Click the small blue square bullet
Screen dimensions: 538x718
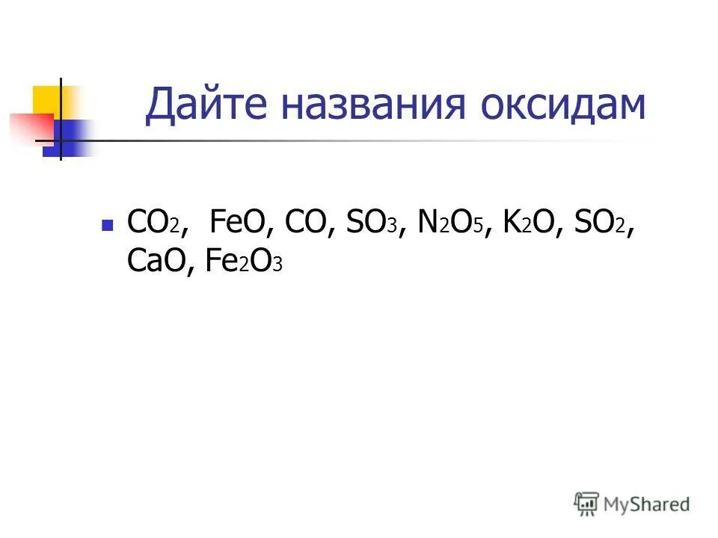108,224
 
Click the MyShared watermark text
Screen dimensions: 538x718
648,504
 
